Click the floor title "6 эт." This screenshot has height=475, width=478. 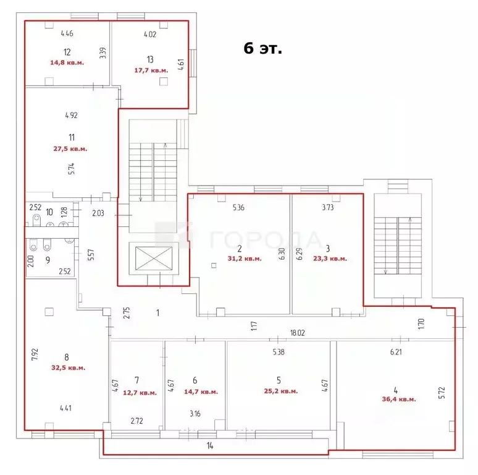tap(263, 48)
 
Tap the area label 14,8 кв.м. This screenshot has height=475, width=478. tap(67, 62)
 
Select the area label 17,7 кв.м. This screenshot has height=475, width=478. tap(151, 71)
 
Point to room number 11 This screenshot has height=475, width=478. tap(72, 137)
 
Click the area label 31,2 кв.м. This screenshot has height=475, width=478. tap(245, 259)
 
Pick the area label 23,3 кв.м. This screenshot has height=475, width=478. tap(330, 259)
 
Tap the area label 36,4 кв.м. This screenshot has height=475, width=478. tap(399, 399)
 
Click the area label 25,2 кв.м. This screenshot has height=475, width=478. tap(281, 391)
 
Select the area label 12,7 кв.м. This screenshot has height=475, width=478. tap(140, 393)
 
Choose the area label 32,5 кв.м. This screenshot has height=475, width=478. tap(69, 367)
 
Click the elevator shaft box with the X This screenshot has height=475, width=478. tap(154, 259)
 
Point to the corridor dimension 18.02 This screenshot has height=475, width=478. tap(297, 333)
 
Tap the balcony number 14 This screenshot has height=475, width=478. tap(210, 446)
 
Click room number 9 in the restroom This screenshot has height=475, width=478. tap(48, 260)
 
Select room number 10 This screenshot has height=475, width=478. tap(49, 212)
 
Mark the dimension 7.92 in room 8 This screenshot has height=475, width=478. tap(35, 354)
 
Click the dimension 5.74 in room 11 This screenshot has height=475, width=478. tap(71, 169)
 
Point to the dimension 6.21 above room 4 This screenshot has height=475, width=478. tap(396, 352)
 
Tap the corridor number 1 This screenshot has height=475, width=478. tap(157, 312)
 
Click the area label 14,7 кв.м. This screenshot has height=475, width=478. tap(201, 392)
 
